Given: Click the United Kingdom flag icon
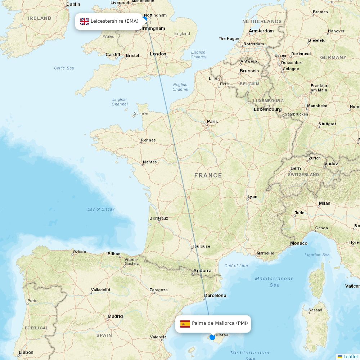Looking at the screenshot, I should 85,21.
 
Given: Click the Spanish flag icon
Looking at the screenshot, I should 185,324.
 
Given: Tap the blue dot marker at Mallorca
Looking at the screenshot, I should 212,337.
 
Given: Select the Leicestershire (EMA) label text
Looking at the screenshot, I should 114,21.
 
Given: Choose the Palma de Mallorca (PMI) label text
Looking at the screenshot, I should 220,323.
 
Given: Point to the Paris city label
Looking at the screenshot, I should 212,122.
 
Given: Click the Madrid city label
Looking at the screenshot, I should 115,316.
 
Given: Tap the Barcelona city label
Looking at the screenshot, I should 215,296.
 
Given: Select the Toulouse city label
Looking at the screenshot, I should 201,246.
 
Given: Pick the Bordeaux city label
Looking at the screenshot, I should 159,218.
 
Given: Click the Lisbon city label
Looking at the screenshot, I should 26,352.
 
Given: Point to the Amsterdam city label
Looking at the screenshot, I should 261,31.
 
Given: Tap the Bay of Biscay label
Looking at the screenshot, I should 101,209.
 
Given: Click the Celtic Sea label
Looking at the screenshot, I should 64,68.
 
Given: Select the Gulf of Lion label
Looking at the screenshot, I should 236,266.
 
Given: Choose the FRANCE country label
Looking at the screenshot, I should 208,176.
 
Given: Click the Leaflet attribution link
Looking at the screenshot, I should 350,356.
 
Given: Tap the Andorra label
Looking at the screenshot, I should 202,271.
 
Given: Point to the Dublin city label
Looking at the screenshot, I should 73,4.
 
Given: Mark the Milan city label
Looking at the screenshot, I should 324,203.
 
